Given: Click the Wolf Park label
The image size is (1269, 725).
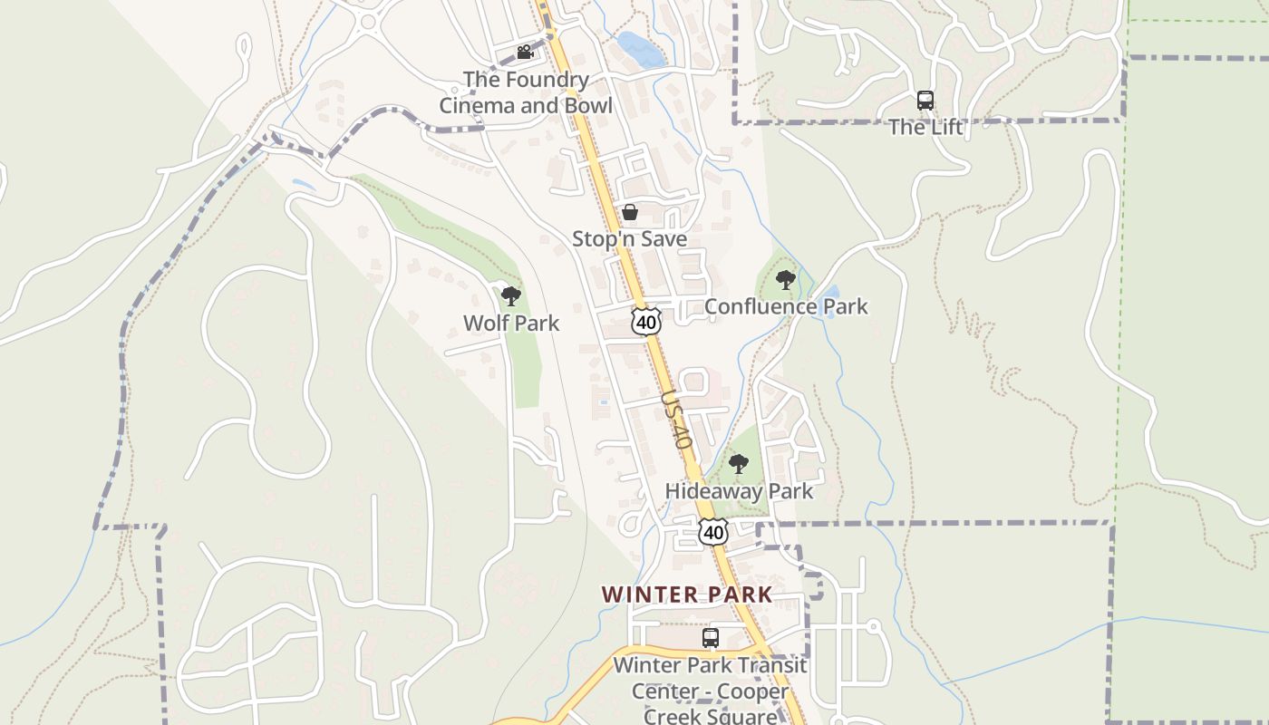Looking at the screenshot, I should [x=511, y=324].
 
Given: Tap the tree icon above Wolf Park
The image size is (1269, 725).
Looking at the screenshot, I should [x=511, y=295].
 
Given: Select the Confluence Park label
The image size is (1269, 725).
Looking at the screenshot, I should [x=786, y=306].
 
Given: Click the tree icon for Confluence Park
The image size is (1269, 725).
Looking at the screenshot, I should [x=786, y=279].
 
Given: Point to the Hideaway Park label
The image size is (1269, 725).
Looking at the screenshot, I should [x=739, y=491].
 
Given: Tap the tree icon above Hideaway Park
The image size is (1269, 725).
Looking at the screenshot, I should [x=739, y=465].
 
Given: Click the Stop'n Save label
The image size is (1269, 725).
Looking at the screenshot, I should [x=629, y=239].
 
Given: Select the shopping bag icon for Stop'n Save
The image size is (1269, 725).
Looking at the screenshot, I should [x=629, y=212].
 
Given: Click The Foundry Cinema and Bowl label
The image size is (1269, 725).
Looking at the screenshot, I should [x=526, y=92].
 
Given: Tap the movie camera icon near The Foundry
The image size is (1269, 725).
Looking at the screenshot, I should [x=525, y=53].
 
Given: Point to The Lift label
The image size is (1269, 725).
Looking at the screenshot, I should [x=925, y=127].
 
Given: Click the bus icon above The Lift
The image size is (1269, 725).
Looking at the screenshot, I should [x=925, y=101].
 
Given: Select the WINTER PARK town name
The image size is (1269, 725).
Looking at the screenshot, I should [x=687, y=595].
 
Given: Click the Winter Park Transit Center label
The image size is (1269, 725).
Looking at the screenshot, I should [x=711, y=691].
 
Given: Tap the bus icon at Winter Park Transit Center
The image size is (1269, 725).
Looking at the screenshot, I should [x=711, y=638].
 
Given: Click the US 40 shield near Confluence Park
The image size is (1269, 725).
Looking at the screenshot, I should [x=646, y=322].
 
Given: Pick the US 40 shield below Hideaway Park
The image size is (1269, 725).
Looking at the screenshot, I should [x=714, y=532].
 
